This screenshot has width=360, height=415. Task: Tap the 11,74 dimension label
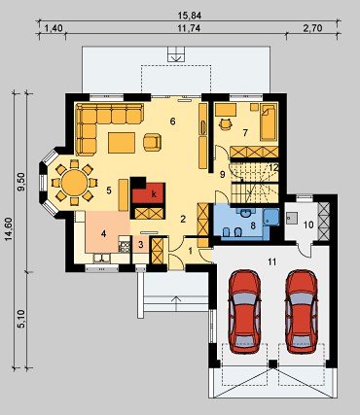pos(189,28)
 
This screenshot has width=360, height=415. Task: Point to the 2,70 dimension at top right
pos(313,28)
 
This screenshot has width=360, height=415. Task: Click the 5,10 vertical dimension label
pos(22,319)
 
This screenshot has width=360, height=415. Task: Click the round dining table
pos(75,183)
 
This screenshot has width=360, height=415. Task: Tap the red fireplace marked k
pos(148,193)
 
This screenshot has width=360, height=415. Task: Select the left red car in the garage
pos(244,311)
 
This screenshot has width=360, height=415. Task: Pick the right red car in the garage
pos(302,311)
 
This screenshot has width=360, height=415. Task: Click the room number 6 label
pos(172,121)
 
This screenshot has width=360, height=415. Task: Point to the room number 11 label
pos(271,261)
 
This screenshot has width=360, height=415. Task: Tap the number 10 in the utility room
pos(308,225)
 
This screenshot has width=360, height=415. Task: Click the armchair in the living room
pos(152,142)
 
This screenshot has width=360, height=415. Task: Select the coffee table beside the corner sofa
pos(122,143)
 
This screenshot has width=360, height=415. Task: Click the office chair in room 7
pos(226,124)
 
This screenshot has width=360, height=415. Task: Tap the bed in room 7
pos(269,121)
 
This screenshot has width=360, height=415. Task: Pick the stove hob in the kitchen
pos(125,246)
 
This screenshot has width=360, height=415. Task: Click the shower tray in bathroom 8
pos(271,217)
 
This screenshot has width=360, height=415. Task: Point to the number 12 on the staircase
pos(273,167)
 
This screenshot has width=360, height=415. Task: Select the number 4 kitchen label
pos(103,233)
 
